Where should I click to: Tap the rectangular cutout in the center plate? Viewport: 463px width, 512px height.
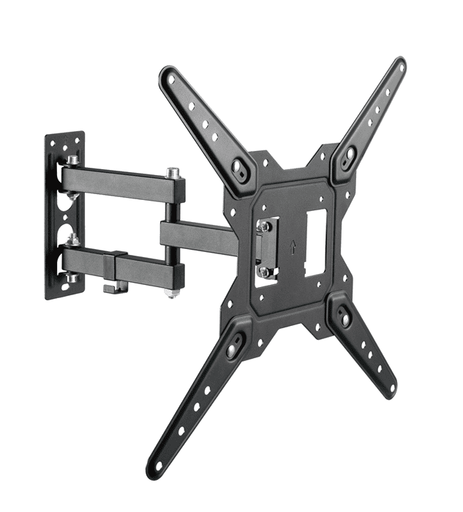315,242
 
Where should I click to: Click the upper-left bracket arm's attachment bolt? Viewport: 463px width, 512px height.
238,166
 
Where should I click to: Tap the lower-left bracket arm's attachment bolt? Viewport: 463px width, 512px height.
233,350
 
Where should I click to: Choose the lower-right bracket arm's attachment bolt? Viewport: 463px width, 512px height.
345,320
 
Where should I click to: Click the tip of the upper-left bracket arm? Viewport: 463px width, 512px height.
170,75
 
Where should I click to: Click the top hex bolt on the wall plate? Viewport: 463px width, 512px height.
73,160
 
